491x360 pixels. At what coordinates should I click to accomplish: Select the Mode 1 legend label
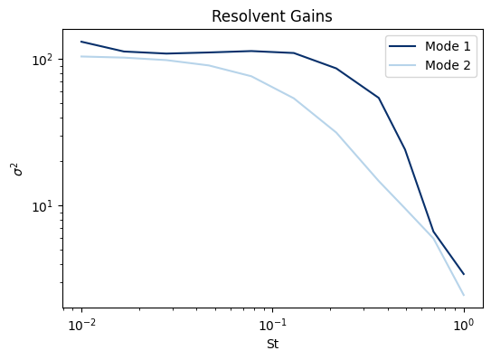pos(449,49)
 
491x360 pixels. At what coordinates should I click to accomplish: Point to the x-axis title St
pos(272,345)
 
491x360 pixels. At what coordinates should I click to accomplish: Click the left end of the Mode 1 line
pos(82,42)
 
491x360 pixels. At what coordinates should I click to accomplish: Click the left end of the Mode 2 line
pos(82,56)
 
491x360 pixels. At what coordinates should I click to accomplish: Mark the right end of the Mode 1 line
pos(464,274)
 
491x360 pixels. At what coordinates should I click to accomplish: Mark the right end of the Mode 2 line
pos(464,295)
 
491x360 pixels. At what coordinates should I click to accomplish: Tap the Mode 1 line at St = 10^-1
pos(273,52)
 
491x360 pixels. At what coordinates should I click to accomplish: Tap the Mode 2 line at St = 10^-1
pos(273,86)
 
